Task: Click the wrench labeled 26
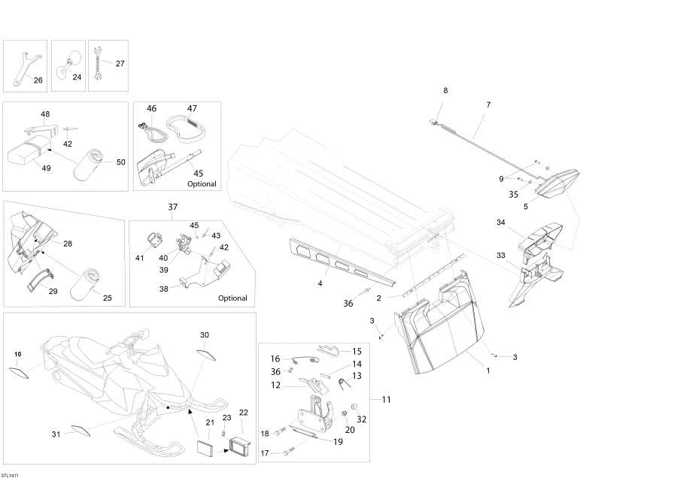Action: tap(23, 65)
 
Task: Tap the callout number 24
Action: tap(77, 77)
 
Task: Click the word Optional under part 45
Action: tap(201, 184)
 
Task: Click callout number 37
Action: tap(172, 207)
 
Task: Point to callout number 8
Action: tap(445, 90)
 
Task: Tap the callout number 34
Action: tap(501, 222)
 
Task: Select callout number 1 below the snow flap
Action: tap(487, 370)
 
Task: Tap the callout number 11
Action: tap(385, 399)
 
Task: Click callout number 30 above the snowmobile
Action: tap(205, 334)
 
